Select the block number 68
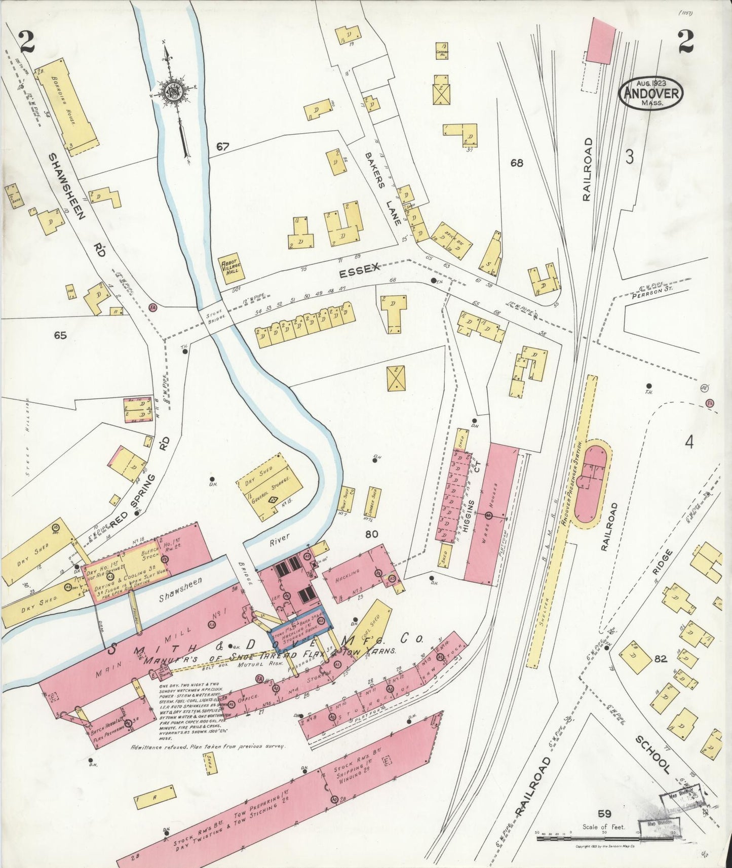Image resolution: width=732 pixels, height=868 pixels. point(517,163)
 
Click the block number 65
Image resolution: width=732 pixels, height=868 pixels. point(61,335)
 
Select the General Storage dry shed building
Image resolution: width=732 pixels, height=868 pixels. point(269,486)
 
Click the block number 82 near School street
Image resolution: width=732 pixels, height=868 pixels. point(660,659)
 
